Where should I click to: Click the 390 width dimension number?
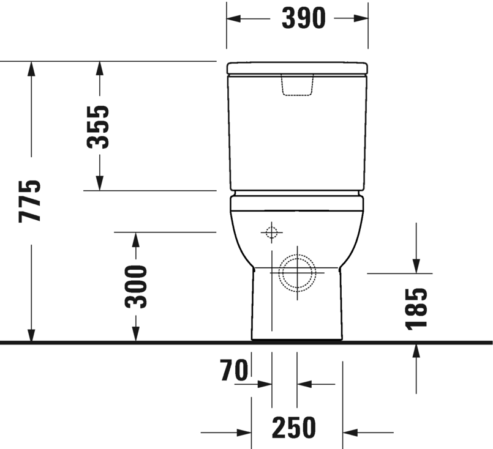click(x=303, y=19)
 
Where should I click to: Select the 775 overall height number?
click(x=30, y=201)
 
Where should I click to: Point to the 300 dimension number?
click(x=135, y=286)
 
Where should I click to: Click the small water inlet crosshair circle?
click(x=271, y=232)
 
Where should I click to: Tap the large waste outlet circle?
click(x=297, y=272)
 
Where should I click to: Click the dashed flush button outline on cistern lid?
click(x=297, y=86)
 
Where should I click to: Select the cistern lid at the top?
click(x=297, y=68)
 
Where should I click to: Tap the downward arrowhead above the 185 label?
click(x=416, y=265)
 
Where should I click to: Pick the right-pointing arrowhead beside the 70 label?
click(x=265, y=384)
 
